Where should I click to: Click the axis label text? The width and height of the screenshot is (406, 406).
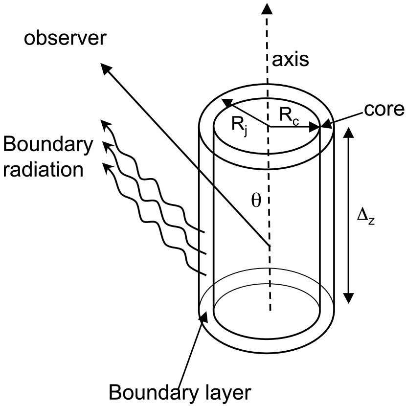[x=292, y=60]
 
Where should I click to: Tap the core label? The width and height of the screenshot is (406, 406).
[x=383, y=109]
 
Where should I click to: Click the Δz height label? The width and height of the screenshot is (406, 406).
[x=366, y=216]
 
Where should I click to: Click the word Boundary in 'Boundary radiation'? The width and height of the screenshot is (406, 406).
[x=47, y=145]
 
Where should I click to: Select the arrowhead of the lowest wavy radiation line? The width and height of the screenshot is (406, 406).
[x=107, y=167]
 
